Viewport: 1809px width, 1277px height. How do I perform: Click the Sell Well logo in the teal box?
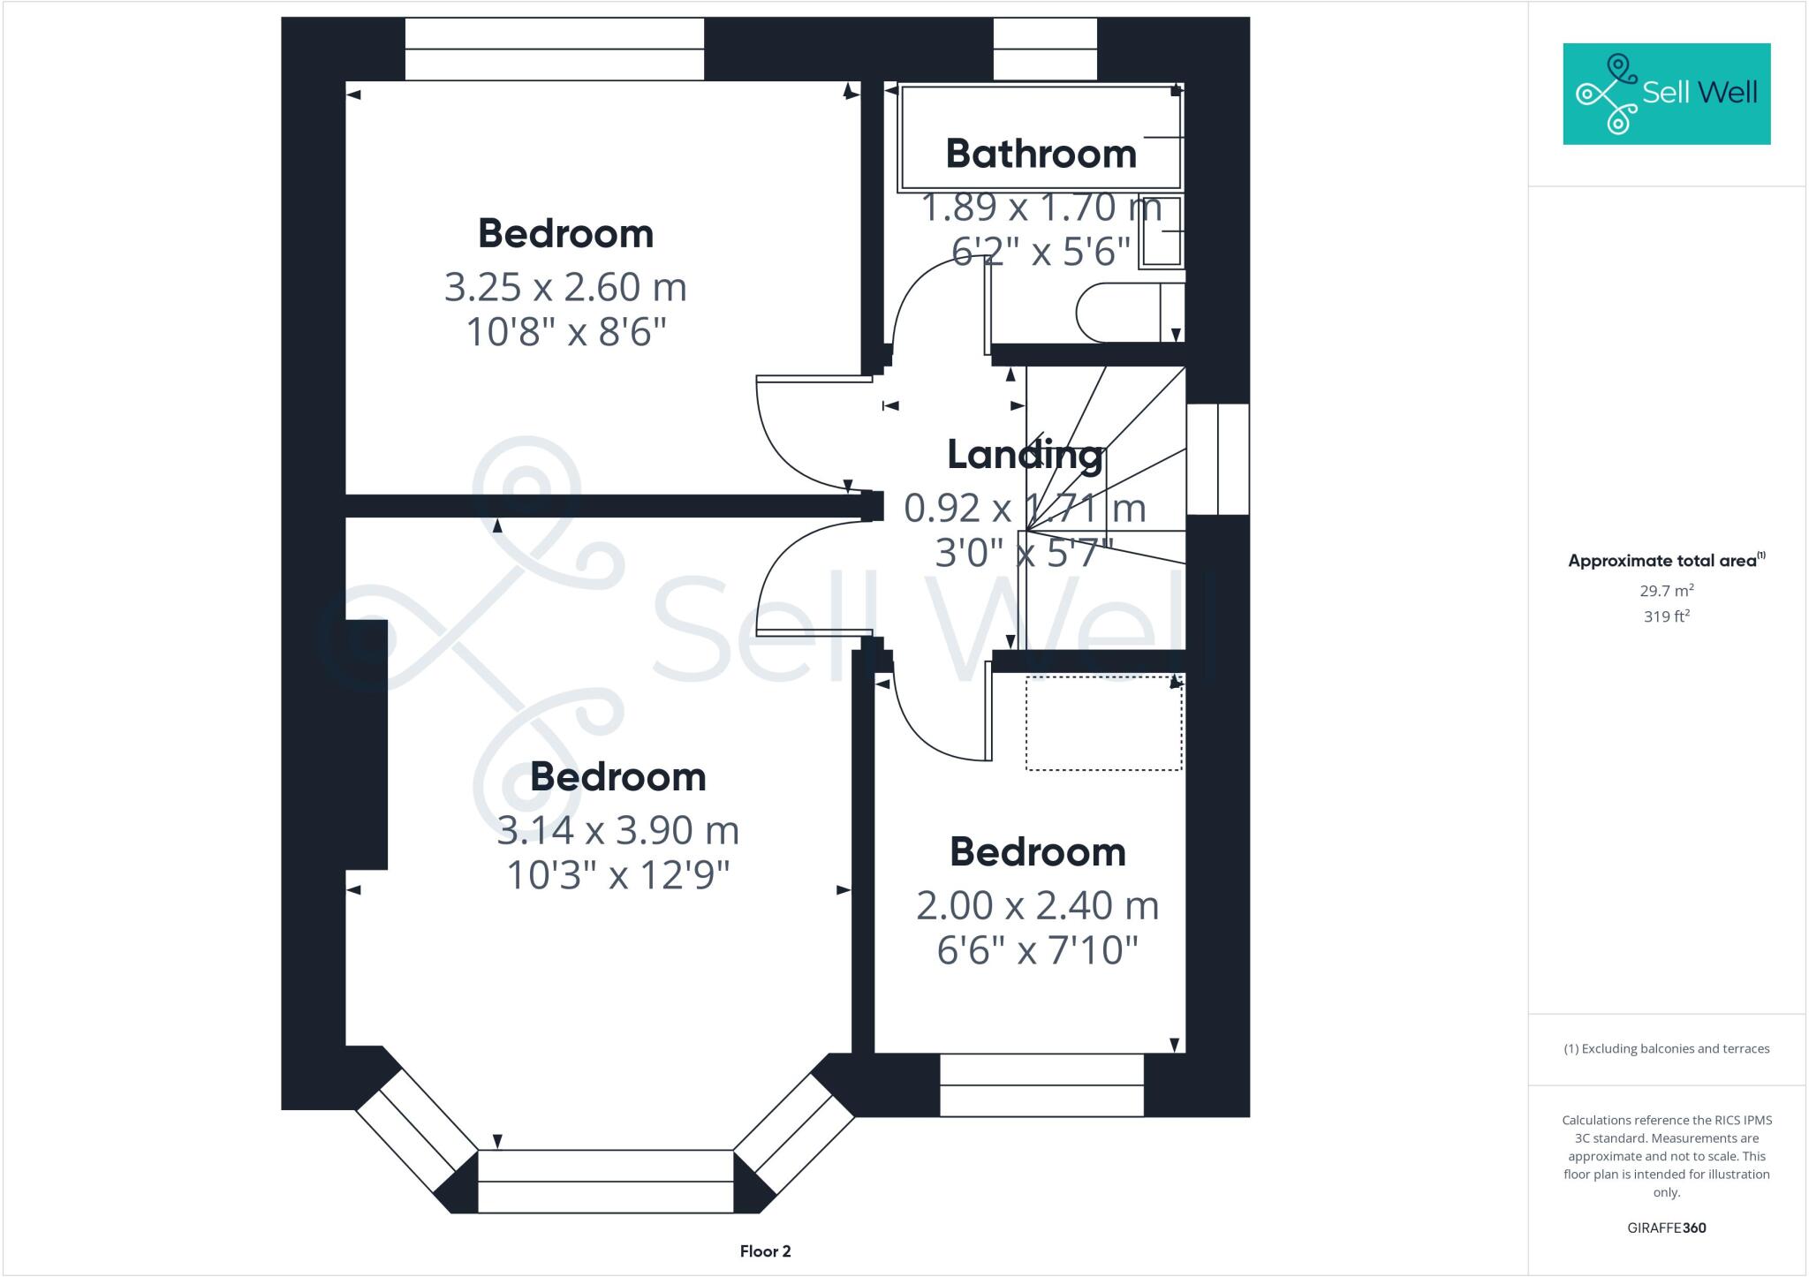click(x=1666, y=94)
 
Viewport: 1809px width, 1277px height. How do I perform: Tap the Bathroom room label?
click(x=1041, y=154)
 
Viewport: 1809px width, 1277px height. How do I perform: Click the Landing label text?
click(x=1025, y=455)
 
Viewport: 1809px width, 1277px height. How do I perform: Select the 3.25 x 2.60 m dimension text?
click(x=565, y=288)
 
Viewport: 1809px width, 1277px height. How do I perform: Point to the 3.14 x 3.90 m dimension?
click(x=617, y=830)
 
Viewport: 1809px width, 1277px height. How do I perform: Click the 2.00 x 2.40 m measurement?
click(x=1037, y=906)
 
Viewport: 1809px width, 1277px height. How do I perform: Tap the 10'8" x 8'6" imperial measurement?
click(x=565, y=333)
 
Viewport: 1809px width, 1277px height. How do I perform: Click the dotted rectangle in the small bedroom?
click(x=1103, y=723)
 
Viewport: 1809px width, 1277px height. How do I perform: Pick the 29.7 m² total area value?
click(x=1666, y=591)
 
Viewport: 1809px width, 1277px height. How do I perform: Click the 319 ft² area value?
click(x=1666, y=616)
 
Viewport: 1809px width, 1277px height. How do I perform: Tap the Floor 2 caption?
click(x=765, y=1251)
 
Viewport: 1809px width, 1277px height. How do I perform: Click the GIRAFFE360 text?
click(x=1666, y=1228)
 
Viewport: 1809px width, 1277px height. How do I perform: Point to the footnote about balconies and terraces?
click(x=1666, y=1049)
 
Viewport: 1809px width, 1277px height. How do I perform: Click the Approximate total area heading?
click(x=1666, y=560)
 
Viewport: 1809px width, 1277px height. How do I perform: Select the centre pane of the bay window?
click(x=605, y=1181)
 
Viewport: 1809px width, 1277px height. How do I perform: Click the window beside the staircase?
click(x=1217, y=459)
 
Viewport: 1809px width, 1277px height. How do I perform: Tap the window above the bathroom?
click(x=1045, y=49)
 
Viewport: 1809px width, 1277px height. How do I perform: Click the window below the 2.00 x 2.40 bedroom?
click(x=1041, y=1085)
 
